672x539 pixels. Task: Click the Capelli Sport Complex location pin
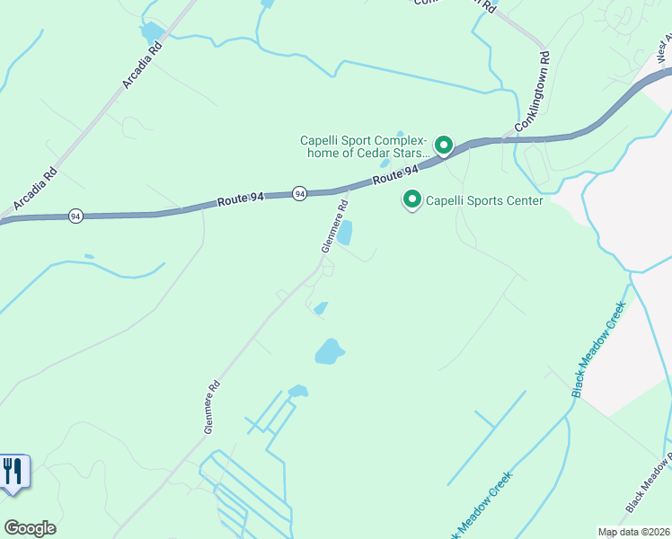click(x=443, y=145)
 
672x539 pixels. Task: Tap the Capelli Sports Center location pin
click(x=412, y=199)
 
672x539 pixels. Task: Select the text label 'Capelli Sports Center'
click(x=483, y=200)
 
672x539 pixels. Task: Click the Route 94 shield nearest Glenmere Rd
click(x=299, y=193)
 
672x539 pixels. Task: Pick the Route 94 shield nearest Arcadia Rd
click(x=76, y=216)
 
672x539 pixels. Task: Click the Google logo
click(x=30, y=528)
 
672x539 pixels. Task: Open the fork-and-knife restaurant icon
click(x=13, y=472)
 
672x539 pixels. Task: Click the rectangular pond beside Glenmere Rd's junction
click(x=344, y=234)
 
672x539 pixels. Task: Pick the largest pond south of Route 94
click(x=330, y=351)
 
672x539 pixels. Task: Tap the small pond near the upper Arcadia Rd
click(x=152, y=33)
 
